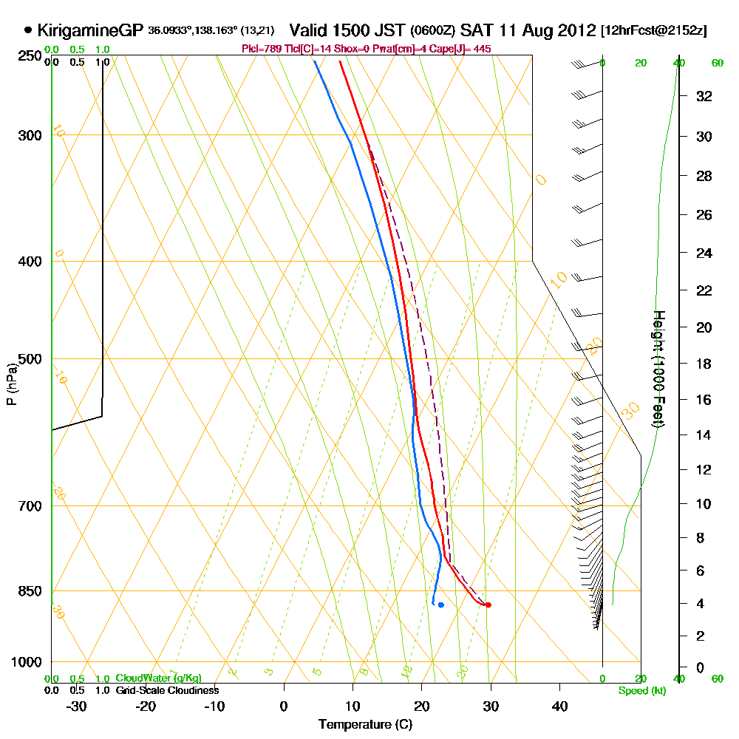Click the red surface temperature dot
[488, 605]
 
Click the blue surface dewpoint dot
[440, 605]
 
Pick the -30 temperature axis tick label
[76, 706]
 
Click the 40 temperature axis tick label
[560, 706]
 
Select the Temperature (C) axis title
[365, 725]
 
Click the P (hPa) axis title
[10, 384]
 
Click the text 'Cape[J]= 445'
[463, 49]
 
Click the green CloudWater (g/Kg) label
[158, 678]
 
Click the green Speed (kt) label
[642, 691]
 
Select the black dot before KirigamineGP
[28, 30]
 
